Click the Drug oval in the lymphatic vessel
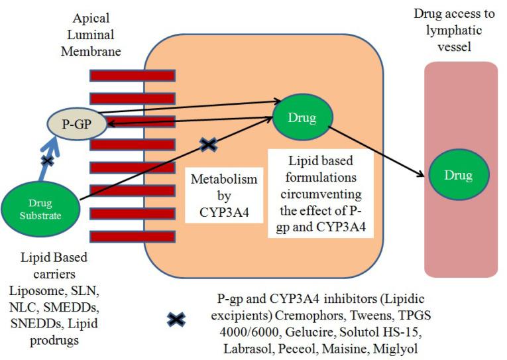[459, 176]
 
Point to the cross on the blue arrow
[47, 160]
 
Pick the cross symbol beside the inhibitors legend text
[176, 320]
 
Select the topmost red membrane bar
[133, 75]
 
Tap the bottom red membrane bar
[133, 235]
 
